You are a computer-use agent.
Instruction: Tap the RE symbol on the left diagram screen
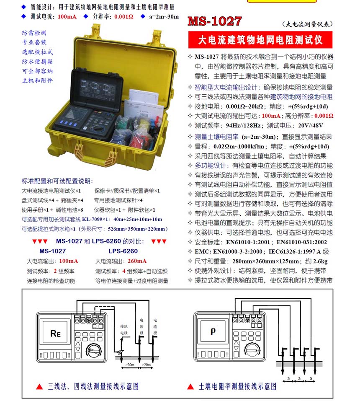[56, 334]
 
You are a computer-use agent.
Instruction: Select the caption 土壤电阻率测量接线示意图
[237, 386]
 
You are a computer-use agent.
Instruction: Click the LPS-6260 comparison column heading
[123, 251]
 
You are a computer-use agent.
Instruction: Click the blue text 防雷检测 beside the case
[34, 33]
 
